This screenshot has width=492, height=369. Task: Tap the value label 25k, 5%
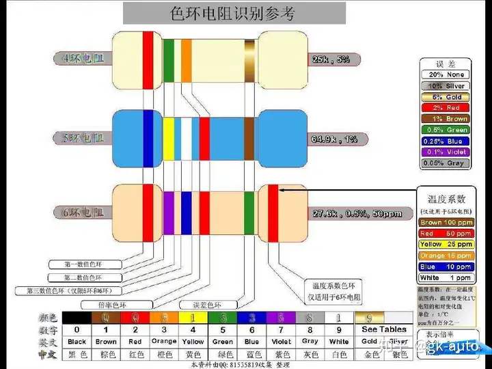click(x=331, y=59)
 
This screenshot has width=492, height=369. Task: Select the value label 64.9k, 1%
click(x=334, y=139)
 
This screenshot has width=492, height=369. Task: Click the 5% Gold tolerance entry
click(x=446, y=97)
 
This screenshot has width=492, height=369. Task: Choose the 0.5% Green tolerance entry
click(x=446, y=130)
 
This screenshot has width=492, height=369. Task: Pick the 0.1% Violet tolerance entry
click(x=446, y=152)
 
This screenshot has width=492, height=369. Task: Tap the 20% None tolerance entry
click(x=446, y=74)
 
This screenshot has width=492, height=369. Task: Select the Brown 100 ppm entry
click(x=446, y=223)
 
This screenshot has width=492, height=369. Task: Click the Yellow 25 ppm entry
click(x=446, y=245)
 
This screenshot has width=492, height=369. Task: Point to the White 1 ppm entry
click(x=446, y=278)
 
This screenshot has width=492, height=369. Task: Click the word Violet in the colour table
click(x=281, y=341)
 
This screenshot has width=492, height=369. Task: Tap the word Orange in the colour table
click(x=164, y=341)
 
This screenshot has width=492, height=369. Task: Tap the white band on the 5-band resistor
click(x=185, y=139)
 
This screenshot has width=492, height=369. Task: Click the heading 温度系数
click(x=446, y=199)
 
